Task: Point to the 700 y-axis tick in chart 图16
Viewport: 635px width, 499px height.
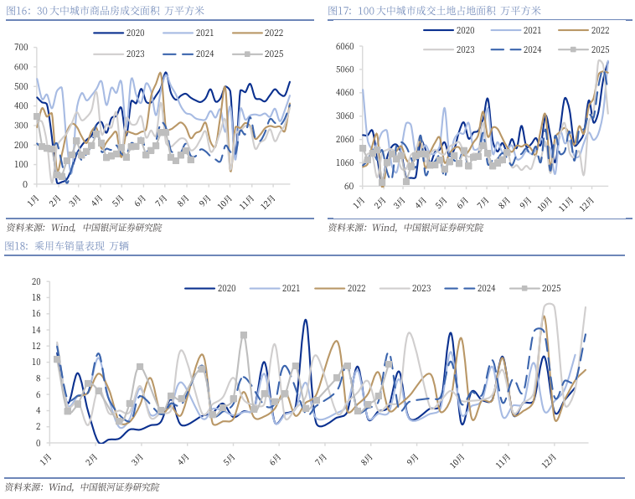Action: [x=21, y=46]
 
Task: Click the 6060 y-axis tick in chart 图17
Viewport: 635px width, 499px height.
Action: [x=344, y=46]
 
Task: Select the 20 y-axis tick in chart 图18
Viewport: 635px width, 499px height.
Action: [x=36, y=282]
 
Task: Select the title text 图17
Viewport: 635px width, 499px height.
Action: [x=434, y=11]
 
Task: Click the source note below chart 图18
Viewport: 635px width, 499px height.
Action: [x=82, y=486]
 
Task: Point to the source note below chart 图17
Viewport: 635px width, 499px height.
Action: [x=405, y=227]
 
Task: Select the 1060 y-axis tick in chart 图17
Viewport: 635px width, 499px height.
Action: [x=344, y=162]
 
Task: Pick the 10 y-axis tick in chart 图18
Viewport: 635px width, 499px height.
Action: [x=36, y=363]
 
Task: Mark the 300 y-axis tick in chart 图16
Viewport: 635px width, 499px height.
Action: [x=21, y=125]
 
